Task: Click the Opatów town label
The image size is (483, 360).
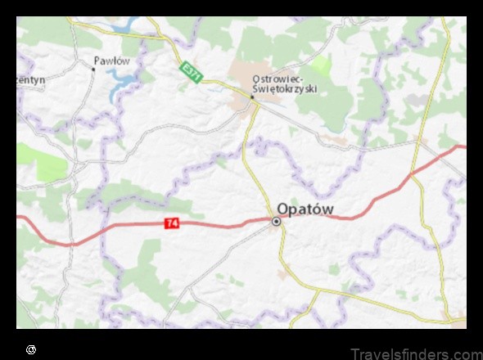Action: [x=305, y=209]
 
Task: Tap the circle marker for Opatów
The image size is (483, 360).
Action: [x=277, y=221]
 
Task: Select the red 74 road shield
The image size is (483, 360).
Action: [x=172, y=223]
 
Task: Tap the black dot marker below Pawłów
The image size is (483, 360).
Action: [x=93, y=70]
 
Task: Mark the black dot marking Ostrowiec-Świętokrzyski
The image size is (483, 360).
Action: [x=251, y=97]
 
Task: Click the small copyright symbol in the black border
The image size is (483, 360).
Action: [x=31, y=349]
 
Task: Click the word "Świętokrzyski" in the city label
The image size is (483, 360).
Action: [x=283, y=89]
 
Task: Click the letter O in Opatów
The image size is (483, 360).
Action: [x=284, y=209]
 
